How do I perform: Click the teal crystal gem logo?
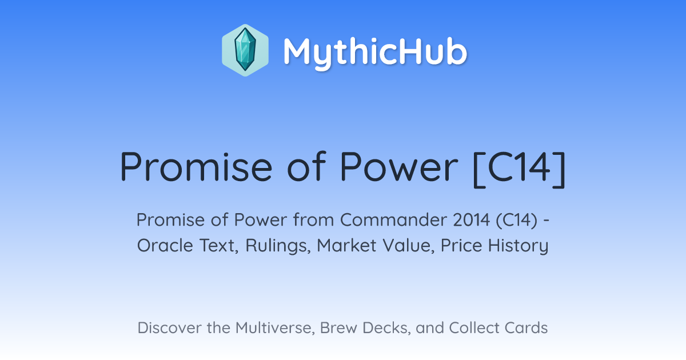tap(245, 50)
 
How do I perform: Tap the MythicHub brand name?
tap(375, 53)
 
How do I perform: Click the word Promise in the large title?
tap(196, 167)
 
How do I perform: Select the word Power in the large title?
tap(399, 167)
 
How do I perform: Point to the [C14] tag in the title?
tap(519, 169)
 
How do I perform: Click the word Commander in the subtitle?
tap(393, 220)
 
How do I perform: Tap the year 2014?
tap(472, 220)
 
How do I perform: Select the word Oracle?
tap(165, 246)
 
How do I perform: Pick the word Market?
tap(346, 246)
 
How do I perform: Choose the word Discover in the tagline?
tap(169, 328)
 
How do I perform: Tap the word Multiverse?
tap(276, 329)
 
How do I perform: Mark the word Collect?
tap(474, 328)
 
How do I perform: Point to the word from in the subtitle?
tap(314, 220)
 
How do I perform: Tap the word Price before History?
tap(461, 246)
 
